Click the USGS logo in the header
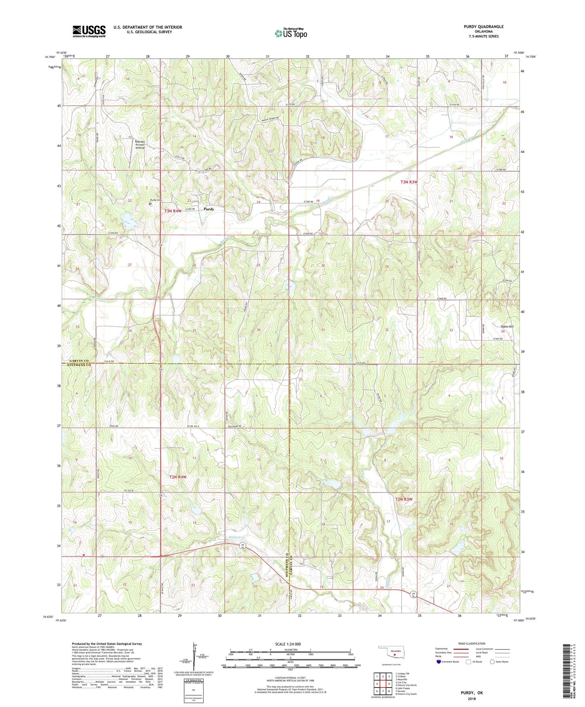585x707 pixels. point(89,31)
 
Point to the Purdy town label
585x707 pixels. point(209,209)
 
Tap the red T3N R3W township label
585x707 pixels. point(408,182)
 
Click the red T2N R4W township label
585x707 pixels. point(178,477)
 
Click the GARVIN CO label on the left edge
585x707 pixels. point(79,361)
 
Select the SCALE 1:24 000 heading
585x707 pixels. point(288,644)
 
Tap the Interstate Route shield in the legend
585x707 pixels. point(439,662)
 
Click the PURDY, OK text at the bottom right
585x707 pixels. point(471,693)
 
